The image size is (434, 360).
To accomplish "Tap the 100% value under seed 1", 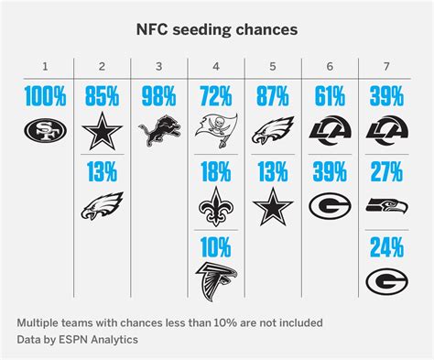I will (46, 94).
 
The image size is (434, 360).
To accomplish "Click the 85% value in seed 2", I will (103, 94).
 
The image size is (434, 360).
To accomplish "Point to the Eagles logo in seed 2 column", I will (103, 206).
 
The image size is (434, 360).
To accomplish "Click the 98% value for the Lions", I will (158, 94).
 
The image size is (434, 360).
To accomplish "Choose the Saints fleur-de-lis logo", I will (215, 207).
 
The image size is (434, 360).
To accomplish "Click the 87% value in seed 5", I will (272, 94).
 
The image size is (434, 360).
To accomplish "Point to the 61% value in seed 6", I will (329, 94).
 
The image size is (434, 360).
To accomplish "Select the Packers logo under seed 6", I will (329, 207).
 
